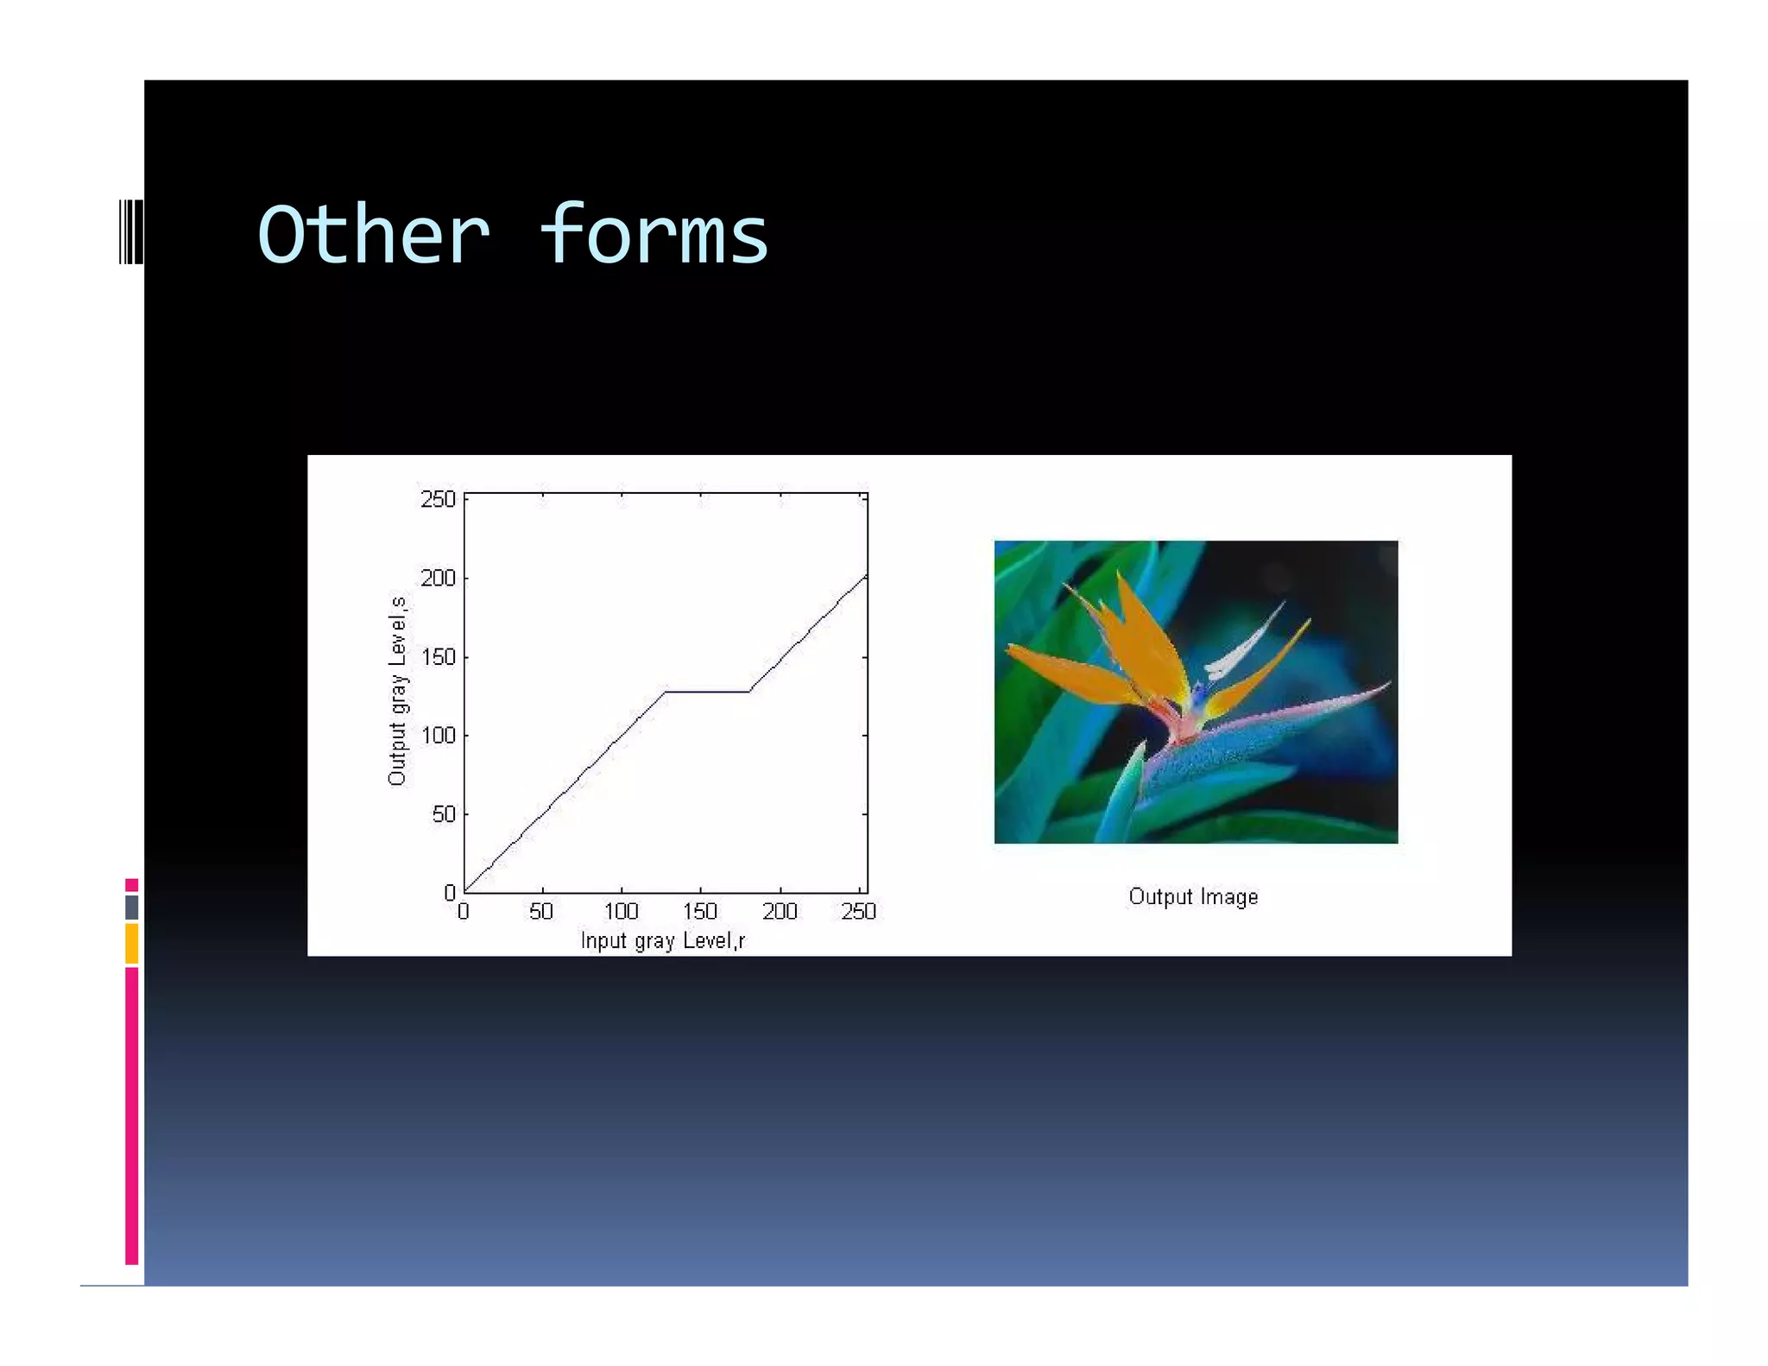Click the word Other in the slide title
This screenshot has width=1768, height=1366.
[x=373, y=235]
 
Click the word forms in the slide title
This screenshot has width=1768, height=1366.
[x=654, y=235]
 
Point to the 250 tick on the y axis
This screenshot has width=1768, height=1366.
[x=438, y=499]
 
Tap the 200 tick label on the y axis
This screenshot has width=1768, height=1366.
[x=438, y=578]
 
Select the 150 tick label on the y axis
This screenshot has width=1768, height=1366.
[x=438, y=657]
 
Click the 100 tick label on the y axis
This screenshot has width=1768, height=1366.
[x=438, y=736]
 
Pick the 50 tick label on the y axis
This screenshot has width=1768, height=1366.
[x=443, y=814]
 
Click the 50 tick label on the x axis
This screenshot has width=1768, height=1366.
[x=541, y=912]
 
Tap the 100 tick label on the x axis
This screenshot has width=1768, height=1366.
[x=621, y=912]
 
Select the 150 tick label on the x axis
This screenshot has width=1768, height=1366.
[x=700, y=912]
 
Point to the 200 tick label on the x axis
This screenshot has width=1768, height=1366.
[x=780, y=912]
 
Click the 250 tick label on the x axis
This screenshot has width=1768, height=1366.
[x=858, y=912]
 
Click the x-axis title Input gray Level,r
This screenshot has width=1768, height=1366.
[x=662, y=940]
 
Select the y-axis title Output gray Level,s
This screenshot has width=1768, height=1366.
[x=397, y=691]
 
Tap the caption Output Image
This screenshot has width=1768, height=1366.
[x=1193, y=897]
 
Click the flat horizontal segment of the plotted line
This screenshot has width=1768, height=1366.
[x=707, y=692]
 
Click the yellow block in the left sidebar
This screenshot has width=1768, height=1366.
[x=131, y=943]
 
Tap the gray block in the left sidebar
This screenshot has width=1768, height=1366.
[x=131, y=907]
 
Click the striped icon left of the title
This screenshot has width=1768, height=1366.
[x=131, y=231]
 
